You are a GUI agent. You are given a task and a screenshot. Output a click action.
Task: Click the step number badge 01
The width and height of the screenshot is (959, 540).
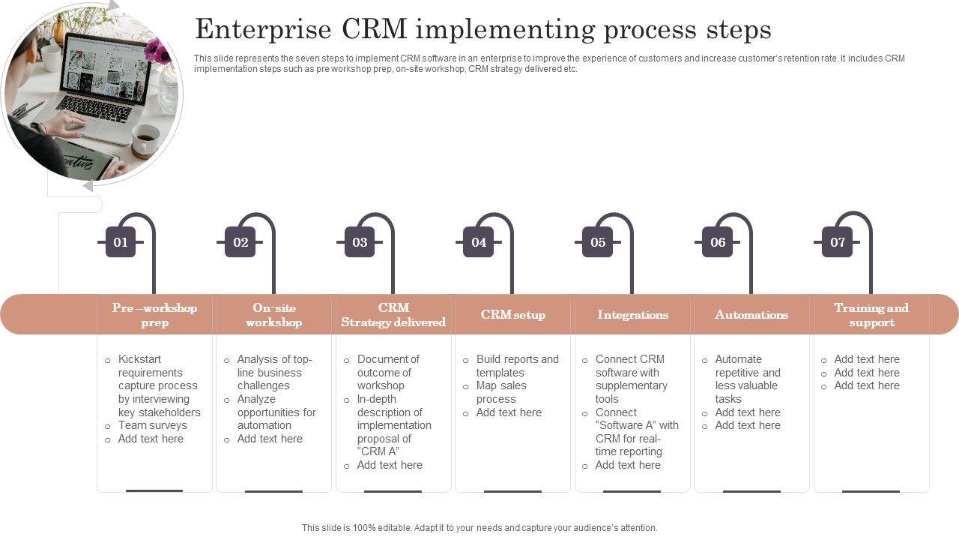coord(121,242)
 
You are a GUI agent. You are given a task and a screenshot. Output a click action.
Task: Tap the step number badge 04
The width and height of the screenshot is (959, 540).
coord(479,242)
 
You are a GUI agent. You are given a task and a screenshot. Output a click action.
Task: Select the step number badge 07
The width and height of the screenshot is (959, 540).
coord(837,242)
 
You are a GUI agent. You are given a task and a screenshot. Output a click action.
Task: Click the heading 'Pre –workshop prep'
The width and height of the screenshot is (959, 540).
coord(154,315)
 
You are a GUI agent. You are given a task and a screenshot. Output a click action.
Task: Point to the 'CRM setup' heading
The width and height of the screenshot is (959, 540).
coord(512,315)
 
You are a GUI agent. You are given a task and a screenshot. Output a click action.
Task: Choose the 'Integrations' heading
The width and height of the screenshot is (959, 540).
coord(632,315)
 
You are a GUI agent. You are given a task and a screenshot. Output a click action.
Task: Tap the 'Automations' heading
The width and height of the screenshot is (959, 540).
coord(751,315)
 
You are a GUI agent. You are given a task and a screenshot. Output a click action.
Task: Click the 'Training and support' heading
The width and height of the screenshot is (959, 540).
coord(871,315)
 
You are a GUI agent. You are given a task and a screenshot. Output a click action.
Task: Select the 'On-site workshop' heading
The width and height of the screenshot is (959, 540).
coord(273,315)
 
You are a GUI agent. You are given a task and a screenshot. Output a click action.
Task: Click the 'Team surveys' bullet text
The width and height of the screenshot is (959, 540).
coord(152,425)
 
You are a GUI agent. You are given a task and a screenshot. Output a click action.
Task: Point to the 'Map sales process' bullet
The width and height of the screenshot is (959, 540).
coord(501,392)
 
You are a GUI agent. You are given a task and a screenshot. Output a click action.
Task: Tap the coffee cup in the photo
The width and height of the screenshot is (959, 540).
coord(145,139)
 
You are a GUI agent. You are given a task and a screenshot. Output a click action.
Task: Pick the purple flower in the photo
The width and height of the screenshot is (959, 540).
coord(158,51)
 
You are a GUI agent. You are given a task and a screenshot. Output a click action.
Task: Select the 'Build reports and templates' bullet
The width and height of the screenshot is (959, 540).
coord(517,366)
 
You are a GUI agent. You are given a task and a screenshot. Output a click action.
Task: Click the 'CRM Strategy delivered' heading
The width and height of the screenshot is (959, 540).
coord(393,315)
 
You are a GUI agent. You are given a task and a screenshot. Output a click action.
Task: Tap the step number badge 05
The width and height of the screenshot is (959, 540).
coord(598,242)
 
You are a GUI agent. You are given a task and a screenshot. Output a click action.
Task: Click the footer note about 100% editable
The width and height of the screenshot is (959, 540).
coord(479,528)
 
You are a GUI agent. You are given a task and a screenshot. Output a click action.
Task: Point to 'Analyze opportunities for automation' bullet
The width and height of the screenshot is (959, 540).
coord(276,412)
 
